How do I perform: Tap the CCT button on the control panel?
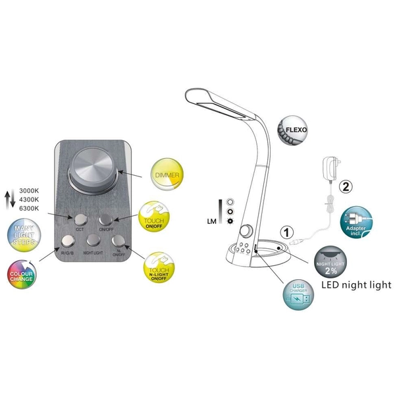80,219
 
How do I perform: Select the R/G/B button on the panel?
68,242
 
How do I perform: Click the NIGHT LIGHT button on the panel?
93,242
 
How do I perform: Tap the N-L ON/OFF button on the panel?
118,242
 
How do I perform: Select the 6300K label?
28,208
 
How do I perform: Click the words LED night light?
355,285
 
